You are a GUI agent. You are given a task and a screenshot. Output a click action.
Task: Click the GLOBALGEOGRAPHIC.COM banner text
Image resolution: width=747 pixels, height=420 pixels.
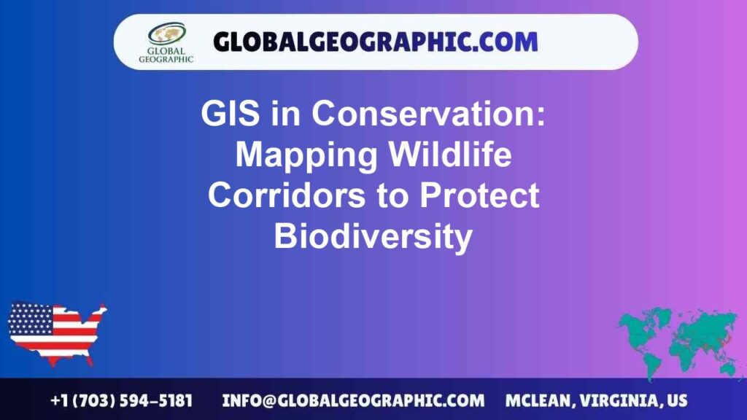point(375,42)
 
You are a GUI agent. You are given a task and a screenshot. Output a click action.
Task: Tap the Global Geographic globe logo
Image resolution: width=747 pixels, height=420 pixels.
point(166,34)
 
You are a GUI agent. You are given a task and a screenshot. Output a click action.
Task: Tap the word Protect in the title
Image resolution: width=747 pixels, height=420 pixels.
point(472,196)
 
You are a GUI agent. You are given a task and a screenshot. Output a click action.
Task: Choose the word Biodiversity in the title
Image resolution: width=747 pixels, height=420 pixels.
point(373,237)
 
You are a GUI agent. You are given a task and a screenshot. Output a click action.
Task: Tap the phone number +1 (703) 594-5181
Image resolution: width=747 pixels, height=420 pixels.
point(121,400)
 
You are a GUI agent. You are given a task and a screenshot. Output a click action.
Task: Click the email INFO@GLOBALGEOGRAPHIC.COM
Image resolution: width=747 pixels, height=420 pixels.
point(353,400)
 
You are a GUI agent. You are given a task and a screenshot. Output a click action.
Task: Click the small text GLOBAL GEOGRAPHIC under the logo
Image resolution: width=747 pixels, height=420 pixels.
point(166,55)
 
